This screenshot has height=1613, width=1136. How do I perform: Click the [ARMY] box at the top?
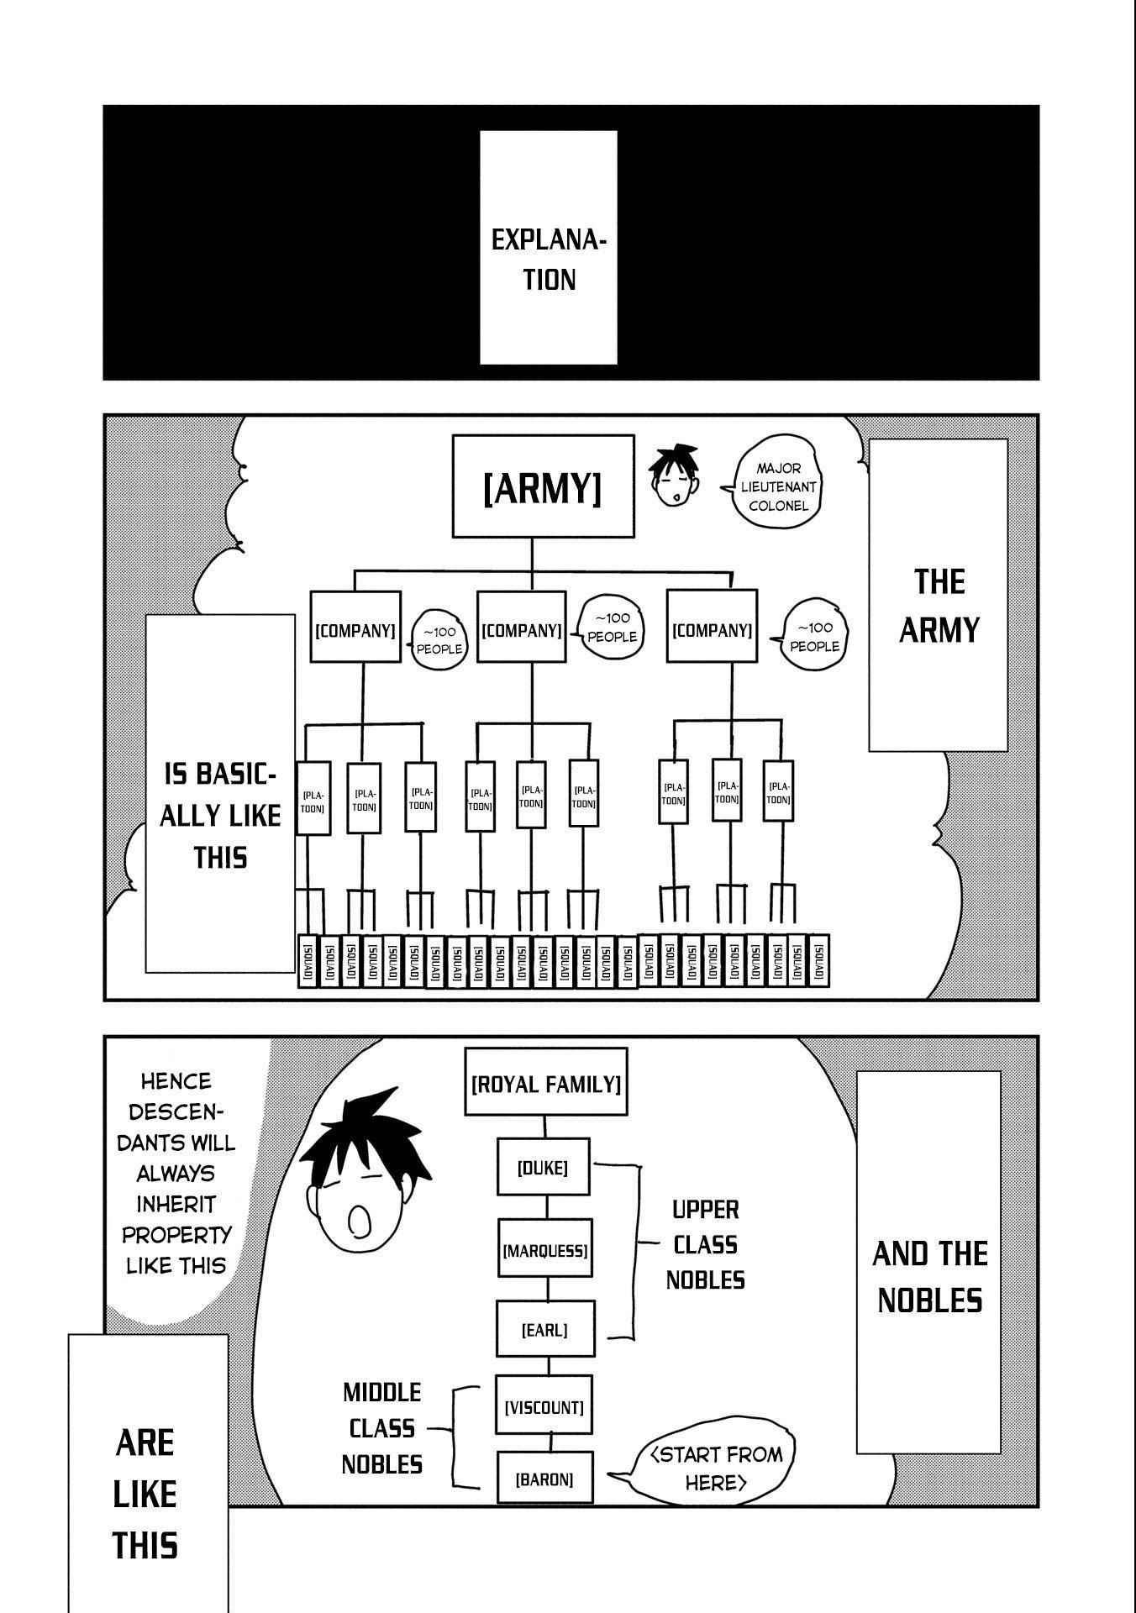click(543, 486)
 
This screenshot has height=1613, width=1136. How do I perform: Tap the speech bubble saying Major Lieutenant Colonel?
click(776, 487)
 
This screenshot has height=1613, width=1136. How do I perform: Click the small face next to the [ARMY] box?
click(675, 477)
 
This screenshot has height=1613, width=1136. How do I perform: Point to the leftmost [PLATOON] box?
click(313, 798)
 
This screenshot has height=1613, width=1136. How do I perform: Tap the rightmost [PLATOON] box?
click(778, 791)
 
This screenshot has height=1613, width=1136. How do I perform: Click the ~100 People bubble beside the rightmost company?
click(813, 636)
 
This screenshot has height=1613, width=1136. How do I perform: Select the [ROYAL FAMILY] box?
click(545, 1083)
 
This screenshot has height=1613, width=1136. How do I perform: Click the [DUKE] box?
click(543, 1167)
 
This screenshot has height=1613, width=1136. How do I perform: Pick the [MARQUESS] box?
click(544, 1250)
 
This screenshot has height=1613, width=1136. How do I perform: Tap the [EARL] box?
click(544, 1330)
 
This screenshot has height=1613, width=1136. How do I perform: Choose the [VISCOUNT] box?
click(544, 1406)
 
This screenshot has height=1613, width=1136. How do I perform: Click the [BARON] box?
click(544, 1479)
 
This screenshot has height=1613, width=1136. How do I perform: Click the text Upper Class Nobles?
click(705, 1245)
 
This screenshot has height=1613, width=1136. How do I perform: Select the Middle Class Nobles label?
click(381, 1428)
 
